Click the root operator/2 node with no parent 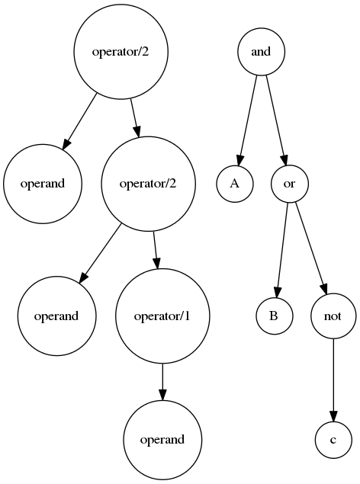[121, 52]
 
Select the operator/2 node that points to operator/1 [148, 184]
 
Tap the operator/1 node [162, 316]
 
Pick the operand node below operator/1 [162, 440]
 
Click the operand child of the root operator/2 [43, 184]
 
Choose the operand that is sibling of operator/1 [56, 316]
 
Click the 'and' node [261, 52]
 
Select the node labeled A [235, 184]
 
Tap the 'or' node [289, 184]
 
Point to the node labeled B [274, 316]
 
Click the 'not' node [333, 316]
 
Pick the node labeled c [333, 440]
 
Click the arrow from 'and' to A [248, 120]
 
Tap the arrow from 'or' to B [282, 250]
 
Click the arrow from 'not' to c [333, 380]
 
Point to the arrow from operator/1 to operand [162, 382]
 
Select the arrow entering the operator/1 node [156, 250]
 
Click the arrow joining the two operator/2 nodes [134, 117]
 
